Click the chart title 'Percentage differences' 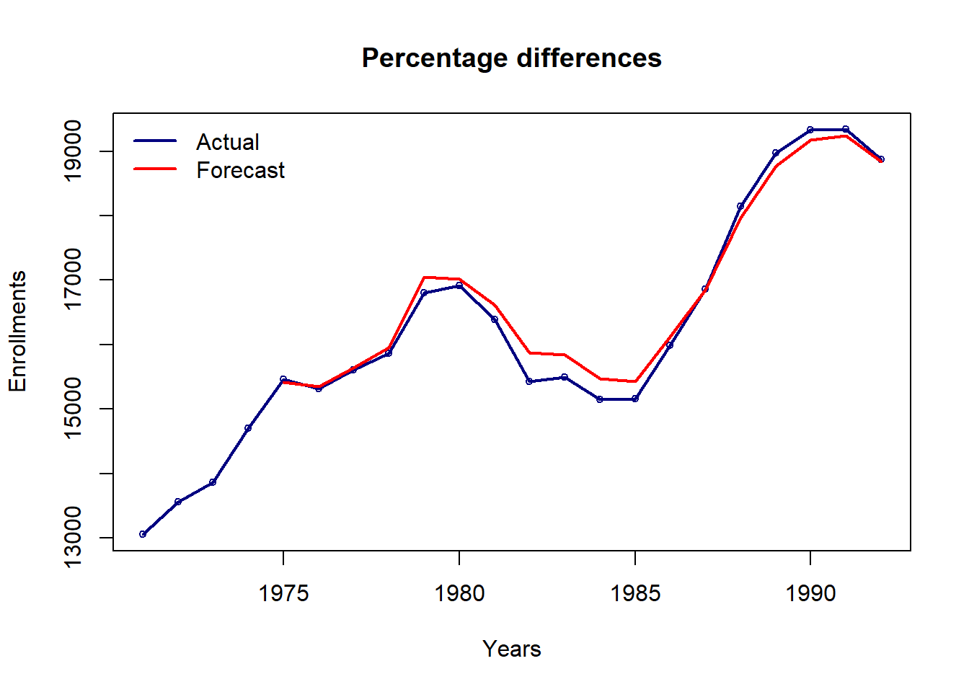pos(512,58)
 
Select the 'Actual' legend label pos(228,142)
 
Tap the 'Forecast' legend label pos(241,170)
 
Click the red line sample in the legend pos(155,169)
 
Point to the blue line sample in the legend pos(155,141)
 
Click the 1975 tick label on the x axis pos(283,593)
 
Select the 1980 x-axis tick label pos(459,593)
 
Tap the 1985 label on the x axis pos(635,593)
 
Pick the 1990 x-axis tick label pos(810,593)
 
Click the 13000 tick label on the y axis pos(73,537)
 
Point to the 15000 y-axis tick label pos(73,408)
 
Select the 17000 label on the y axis pos(73,280)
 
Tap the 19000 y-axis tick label pos(73,151)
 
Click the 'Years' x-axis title pos(512,649)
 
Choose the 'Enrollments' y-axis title pos(17,332)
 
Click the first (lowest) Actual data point pos(143,534)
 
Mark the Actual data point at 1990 pos(810,130)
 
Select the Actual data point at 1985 pos(635,399)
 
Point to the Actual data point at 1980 pos(459,285)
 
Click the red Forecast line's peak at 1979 pos(425,278)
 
